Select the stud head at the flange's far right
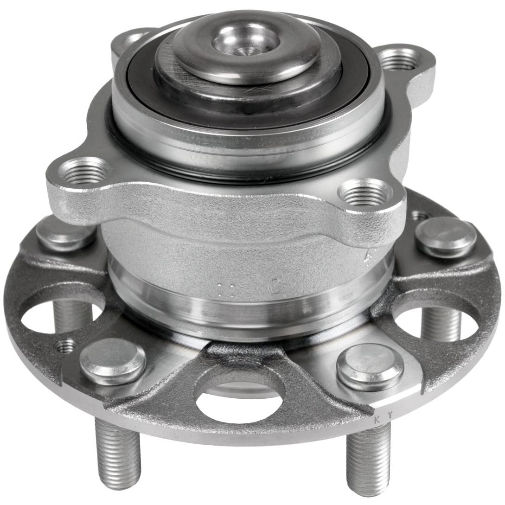[446, 237]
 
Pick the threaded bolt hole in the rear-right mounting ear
[399, 59]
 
